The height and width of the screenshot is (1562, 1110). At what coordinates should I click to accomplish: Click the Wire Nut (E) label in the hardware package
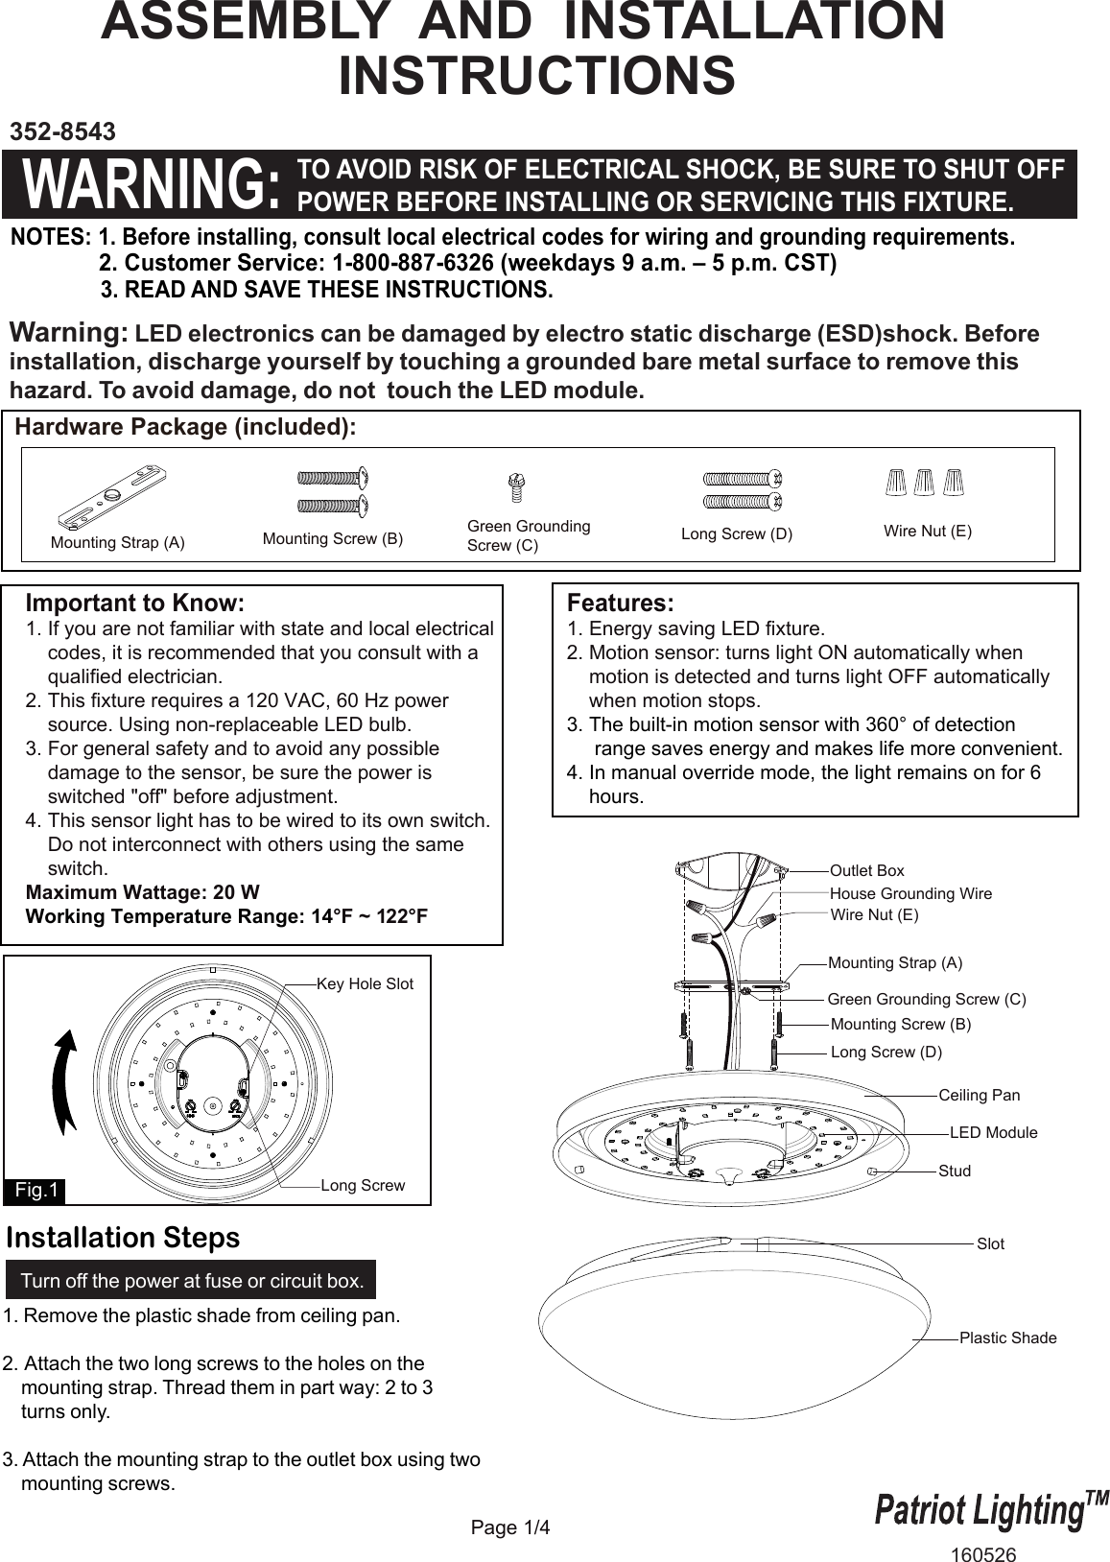tap(927, 531)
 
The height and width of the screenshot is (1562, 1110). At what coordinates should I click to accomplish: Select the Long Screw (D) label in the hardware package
tap(737, 534)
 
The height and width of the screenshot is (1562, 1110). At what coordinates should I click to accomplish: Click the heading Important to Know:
tap(134, 603)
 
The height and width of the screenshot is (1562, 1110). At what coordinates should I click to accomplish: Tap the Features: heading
tap(620, 603)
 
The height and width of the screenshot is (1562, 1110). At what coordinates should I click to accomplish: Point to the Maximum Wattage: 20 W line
tap(142, 892)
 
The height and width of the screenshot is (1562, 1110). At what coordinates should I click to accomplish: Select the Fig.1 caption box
tap(37, 1191)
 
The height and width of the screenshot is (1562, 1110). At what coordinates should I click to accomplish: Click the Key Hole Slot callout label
tap(365, 984)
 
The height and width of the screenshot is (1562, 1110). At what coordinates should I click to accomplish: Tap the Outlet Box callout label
tap(866, 870)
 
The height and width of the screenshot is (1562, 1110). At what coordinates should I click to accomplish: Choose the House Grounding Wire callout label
tap(910, 893)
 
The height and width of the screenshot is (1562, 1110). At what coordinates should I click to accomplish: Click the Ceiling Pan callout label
tap(979, 1095)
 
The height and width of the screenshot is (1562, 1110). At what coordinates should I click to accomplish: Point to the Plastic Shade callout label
tap(1007, 1337)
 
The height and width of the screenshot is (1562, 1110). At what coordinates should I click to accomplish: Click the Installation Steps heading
tap(123, 1238)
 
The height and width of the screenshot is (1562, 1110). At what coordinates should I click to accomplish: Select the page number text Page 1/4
tap(510, 1526)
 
